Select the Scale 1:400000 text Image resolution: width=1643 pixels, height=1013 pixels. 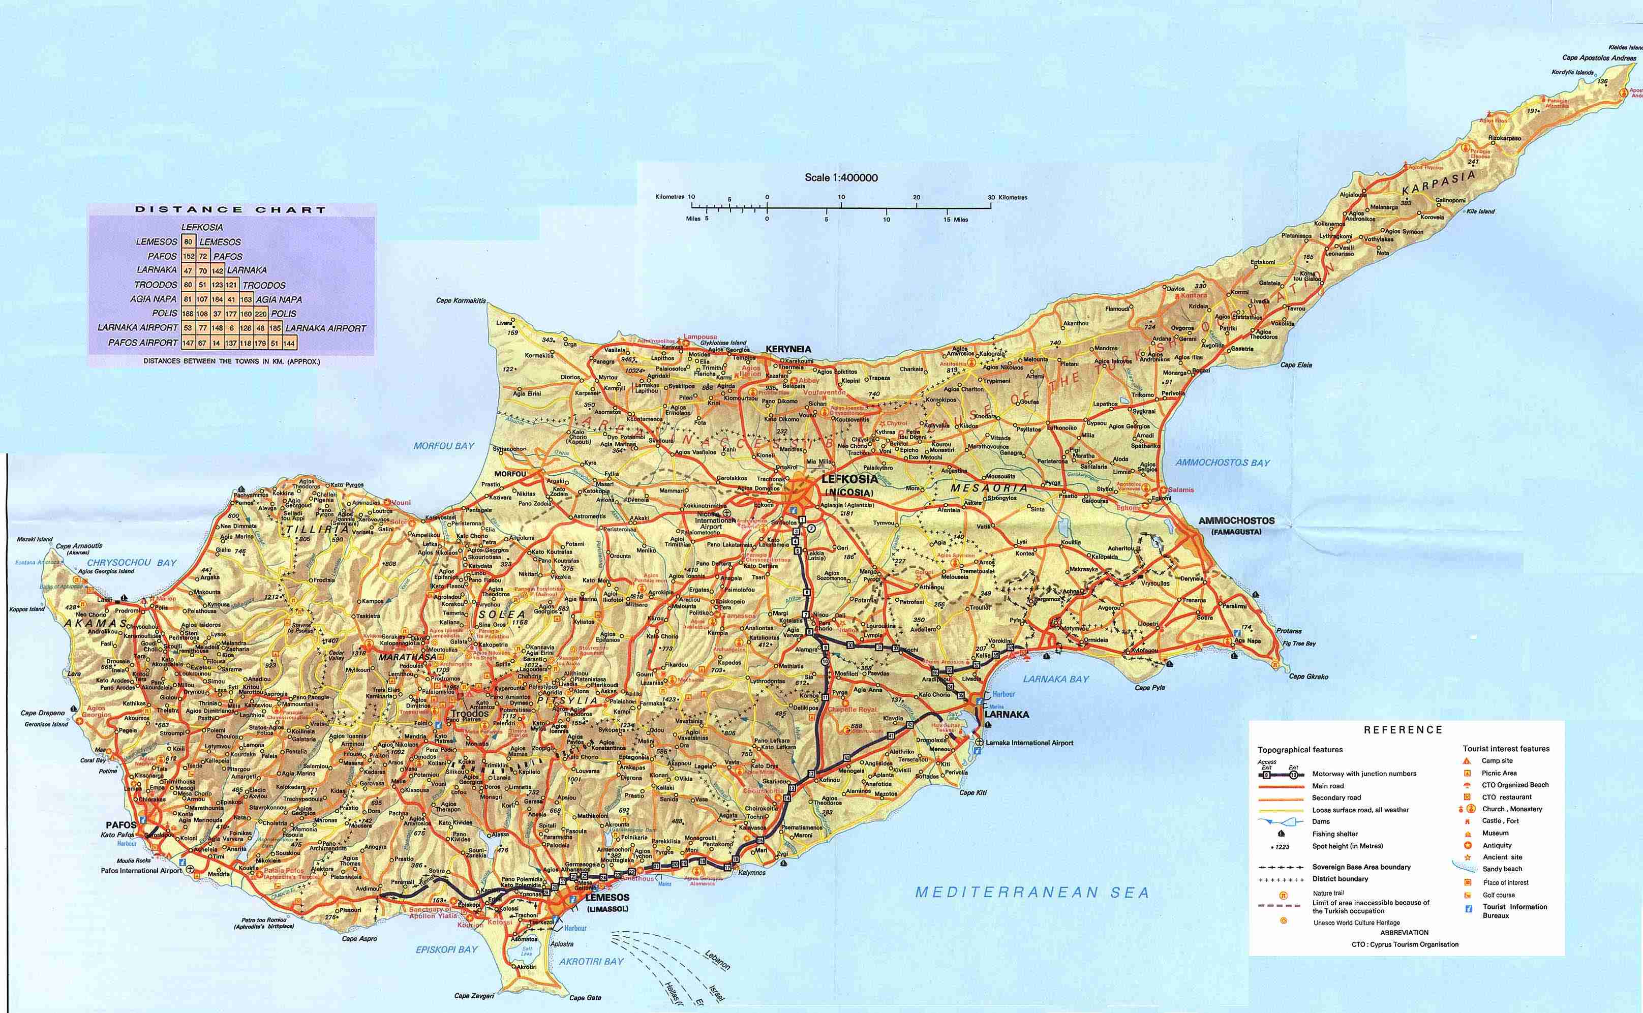pyautogui.click(x=841, y=177)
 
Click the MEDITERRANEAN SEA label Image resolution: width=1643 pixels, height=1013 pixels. pyautogui.click(x=1032, y=893)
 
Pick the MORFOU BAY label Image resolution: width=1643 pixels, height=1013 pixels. pyautogui.click(x=444, y=446)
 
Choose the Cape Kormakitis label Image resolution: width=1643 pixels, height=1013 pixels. pyautogui.click(x=461, y=301)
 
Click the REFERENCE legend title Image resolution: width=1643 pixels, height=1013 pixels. pyautogui.click(x=1403, y=729)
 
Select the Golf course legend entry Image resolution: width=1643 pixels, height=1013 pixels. pyautogui.click(x=1498, y=895)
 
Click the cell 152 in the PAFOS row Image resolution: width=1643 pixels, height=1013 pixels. pyautogui.click(x=188, y=257)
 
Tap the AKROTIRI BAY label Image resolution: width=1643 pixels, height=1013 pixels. pyautogui.click(x=591, y=962)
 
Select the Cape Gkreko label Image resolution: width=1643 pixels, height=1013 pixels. pyautogui.click(x=1309, y=677)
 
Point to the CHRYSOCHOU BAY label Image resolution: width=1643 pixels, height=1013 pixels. pyautogui.click(x=131, y=563)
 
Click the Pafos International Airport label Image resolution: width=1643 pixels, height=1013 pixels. pyautogui.click(x=141, y=871)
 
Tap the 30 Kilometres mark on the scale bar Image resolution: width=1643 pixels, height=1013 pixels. pyautogui.click(x=991, y=198)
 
